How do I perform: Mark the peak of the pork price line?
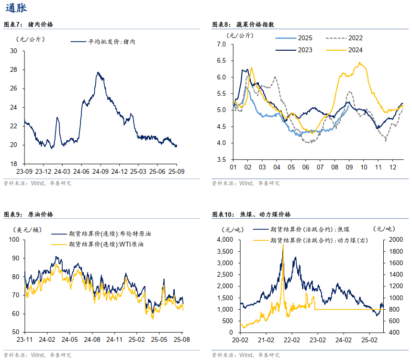(x=98, y=72)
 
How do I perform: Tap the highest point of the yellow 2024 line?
(x=360, y=63)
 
